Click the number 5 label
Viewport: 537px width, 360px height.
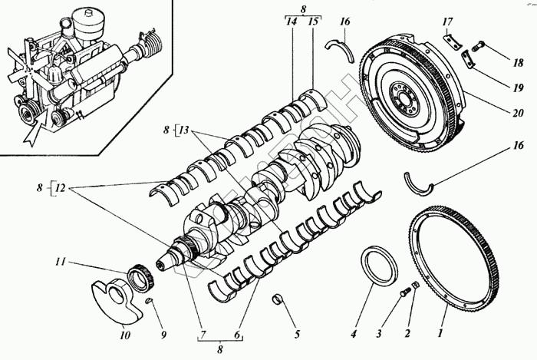pos(295,334)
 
